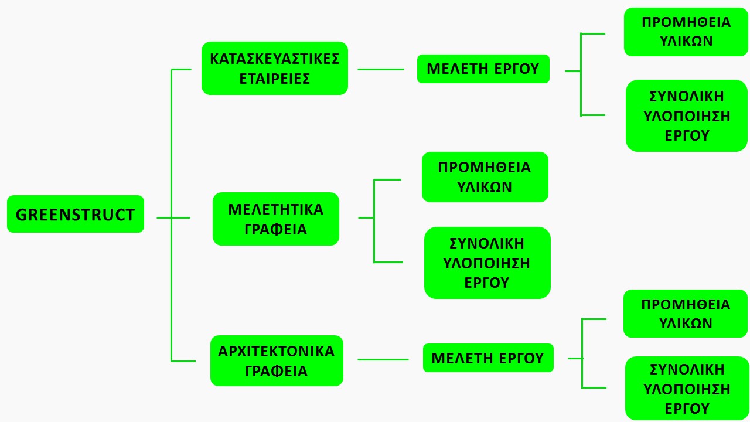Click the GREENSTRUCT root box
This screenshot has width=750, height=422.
click(x=76, y=214)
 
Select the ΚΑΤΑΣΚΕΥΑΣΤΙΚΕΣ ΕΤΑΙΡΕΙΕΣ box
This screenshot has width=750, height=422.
click(x=275, y=69)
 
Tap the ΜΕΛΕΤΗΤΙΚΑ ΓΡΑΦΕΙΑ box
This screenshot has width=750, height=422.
click(x=276, y=219)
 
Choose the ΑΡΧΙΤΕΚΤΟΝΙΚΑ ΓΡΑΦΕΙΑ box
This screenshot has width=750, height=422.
click(x=277, y=360)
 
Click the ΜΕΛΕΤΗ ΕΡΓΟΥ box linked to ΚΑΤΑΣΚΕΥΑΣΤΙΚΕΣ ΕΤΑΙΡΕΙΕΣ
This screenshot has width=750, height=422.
click(x=483, y=69)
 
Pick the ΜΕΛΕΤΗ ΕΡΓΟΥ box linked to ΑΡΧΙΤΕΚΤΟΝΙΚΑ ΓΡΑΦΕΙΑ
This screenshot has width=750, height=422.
click(x=488, y=358)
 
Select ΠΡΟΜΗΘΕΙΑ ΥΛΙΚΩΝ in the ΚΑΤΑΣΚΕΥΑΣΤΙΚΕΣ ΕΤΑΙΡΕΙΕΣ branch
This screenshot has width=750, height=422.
click(x=686, y=32)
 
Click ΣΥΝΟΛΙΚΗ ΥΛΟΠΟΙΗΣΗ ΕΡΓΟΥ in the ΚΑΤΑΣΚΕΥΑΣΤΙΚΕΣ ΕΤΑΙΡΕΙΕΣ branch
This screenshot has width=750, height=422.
click(x=686, y=116)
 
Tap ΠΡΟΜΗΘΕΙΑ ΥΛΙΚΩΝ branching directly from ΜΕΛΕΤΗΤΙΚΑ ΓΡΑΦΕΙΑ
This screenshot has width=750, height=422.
click(x=485, y=177)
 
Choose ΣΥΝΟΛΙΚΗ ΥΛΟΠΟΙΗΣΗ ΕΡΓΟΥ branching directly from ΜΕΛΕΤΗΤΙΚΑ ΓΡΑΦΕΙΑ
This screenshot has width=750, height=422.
click(x=487, y=263)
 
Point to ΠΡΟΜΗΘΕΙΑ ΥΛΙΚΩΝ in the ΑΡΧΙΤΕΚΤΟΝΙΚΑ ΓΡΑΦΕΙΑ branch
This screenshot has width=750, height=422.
click(x=686, y=314)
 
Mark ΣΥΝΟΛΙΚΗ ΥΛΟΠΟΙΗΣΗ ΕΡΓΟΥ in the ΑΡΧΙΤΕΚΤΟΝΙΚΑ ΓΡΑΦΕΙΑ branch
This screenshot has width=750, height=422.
click(x=686, y=389)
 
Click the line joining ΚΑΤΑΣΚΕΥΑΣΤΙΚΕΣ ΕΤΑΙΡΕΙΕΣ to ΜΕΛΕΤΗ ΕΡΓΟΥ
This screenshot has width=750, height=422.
click(x=381, y=69)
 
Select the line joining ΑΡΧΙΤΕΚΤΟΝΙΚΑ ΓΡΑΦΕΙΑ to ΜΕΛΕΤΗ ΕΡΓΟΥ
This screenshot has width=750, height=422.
click(x=383, y=360)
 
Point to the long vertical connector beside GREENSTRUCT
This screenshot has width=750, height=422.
click(x=172, y=215)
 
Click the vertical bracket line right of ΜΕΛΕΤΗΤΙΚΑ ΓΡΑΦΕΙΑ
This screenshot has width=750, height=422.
click(x=374, y=221)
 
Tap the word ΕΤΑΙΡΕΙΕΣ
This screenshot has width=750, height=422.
click(x=275, y=79)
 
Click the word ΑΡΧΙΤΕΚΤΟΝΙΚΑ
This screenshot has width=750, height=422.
click(x=276, y=352)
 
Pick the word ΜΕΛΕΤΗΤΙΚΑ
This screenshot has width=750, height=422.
click(x=276, y=210)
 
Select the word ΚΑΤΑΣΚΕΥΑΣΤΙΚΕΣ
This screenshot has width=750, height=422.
click(x=275, y=59)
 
